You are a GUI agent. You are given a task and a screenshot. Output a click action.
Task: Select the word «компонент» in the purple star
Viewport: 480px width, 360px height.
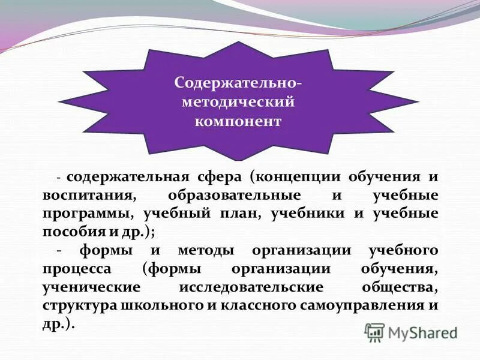[x=238, y=121]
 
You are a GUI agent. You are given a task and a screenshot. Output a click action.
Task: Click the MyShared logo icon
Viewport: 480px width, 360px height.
[x=375, y=332]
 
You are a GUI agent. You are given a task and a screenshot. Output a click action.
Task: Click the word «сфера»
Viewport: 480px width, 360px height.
[x=218, y=178]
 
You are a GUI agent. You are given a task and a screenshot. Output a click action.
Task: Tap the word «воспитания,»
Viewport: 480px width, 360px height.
[x=86, y=196]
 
